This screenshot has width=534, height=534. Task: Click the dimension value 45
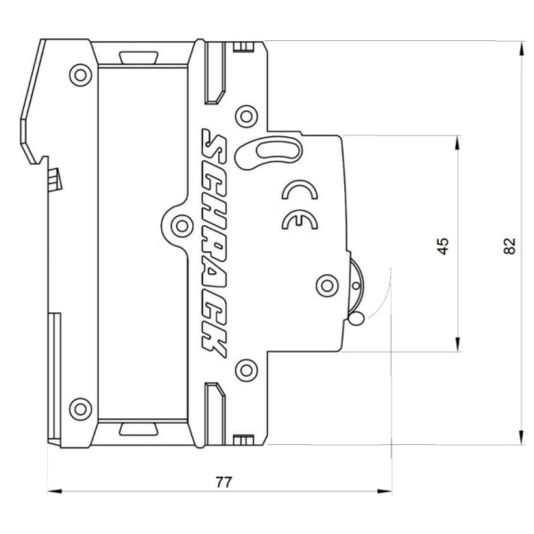pos(443,245)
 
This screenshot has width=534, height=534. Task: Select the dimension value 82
pos(509,245)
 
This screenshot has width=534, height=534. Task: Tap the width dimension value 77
pos(224,481)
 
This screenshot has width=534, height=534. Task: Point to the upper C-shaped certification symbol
pos(295,190)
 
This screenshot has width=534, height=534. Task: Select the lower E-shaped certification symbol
pos(293,222)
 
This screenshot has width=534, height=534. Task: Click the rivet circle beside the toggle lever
pos(327,285)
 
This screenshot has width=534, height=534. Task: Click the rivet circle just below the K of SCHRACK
pos(243,369)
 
